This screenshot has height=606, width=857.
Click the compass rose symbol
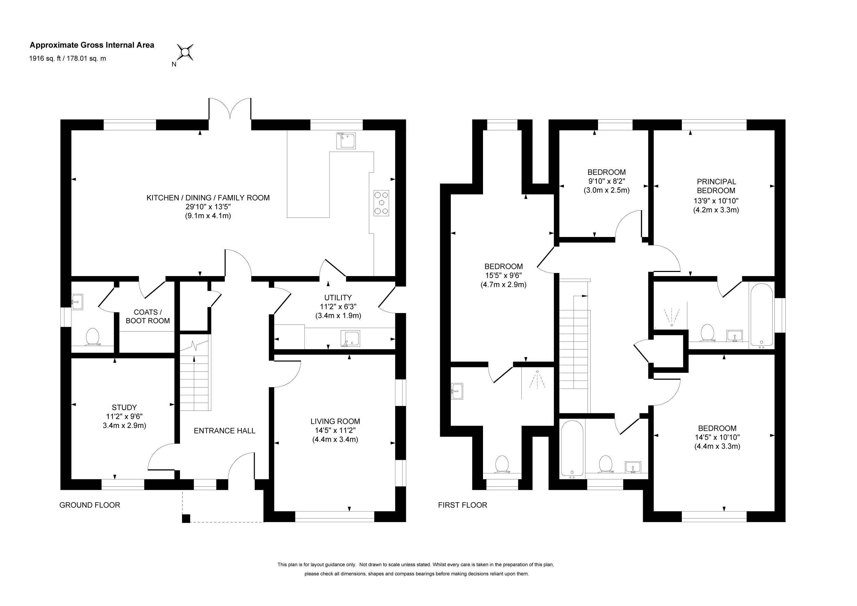pos(185,52)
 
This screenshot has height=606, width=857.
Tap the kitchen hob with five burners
pos(381,203)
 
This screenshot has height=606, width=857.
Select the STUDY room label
pos(124,407)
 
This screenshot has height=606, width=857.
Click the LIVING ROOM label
pos(335,421)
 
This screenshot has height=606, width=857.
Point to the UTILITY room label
pos(338,298)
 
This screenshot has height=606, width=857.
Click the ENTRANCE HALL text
pos(225,430)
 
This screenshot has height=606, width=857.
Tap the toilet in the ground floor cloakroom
pos(93,337)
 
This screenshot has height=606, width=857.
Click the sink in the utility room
pos(350,338)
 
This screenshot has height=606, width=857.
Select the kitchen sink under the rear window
pos(346,140)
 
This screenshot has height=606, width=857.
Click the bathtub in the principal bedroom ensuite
pos(761,316)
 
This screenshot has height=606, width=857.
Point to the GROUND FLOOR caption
pos(89,505)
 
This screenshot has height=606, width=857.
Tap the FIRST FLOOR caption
pos(462,505)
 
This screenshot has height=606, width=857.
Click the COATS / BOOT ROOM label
pos(148,316)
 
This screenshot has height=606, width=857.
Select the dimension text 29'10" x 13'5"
pos(208,206)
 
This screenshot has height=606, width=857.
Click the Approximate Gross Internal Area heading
pos(92,45)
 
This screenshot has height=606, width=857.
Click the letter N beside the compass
pos(174,64)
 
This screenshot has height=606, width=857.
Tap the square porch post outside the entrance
pos(186,518)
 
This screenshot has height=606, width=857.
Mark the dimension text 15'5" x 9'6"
pos(503,275)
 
